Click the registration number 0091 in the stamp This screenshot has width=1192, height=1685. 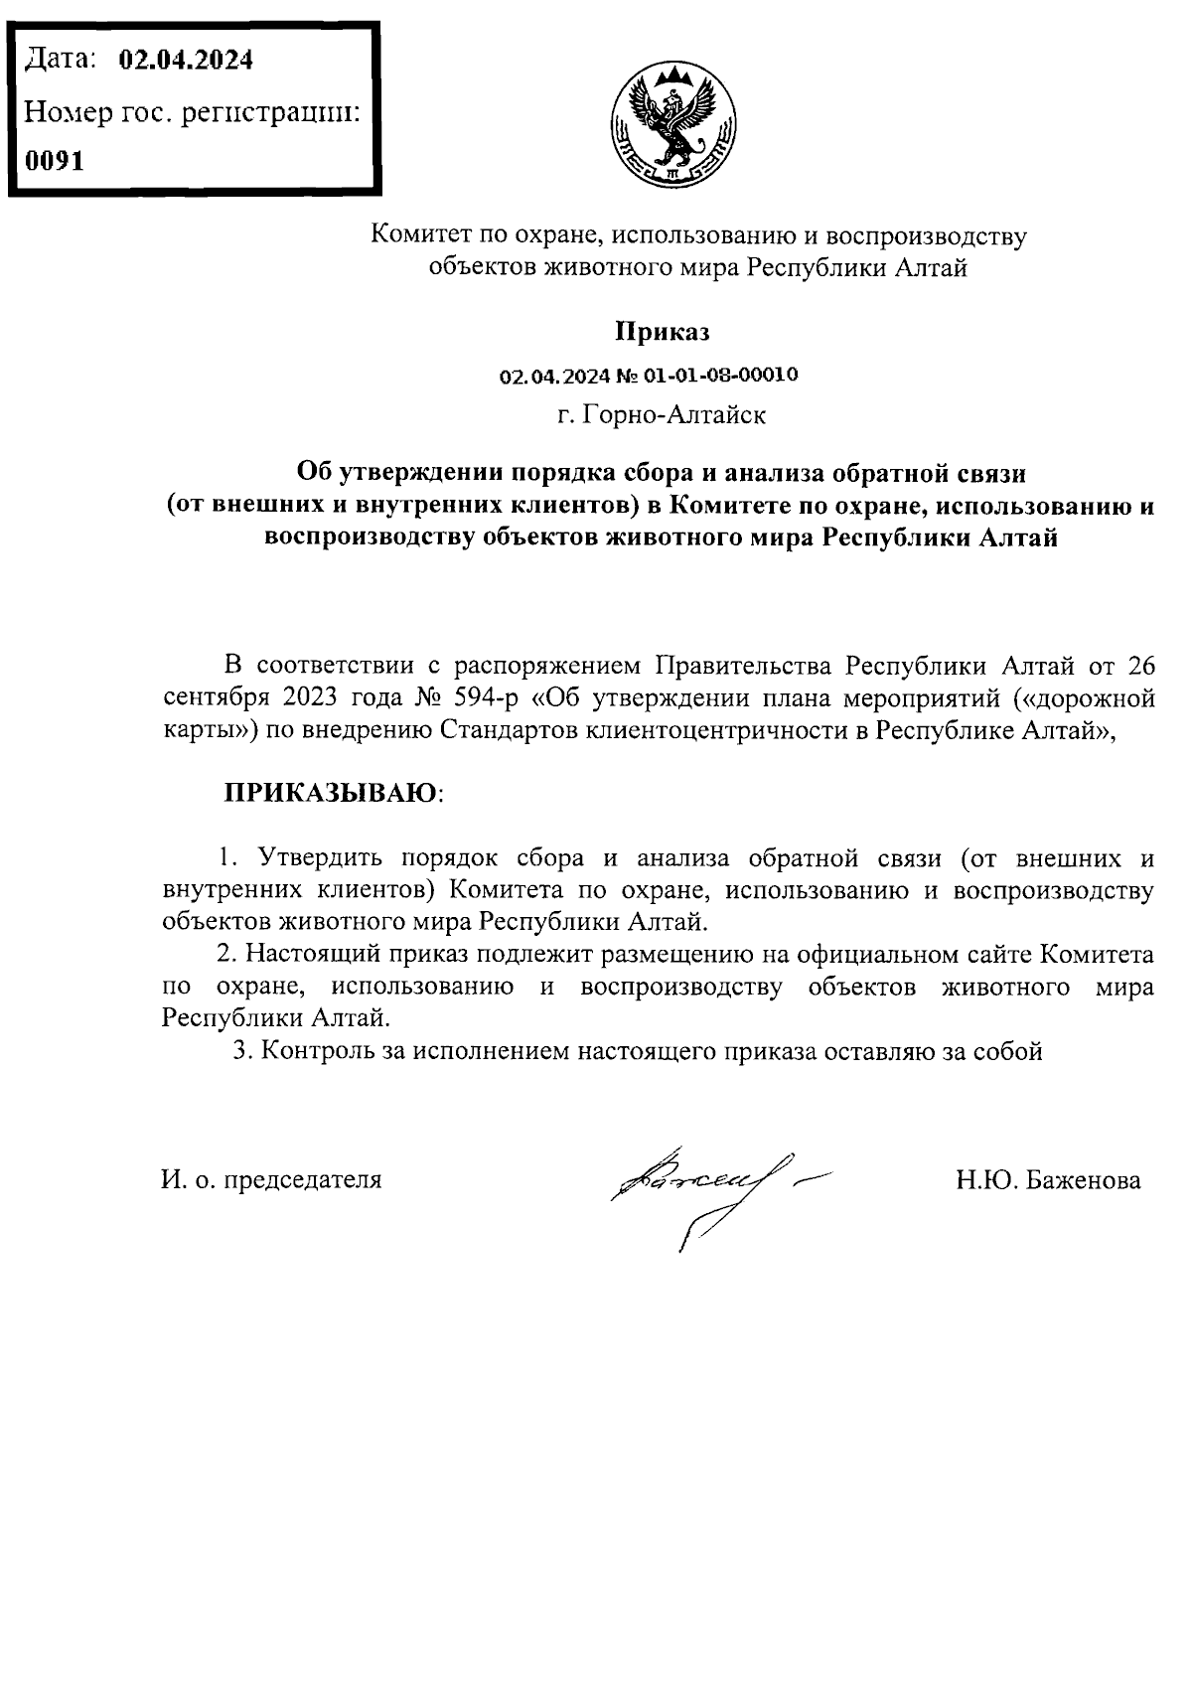coord(56,160)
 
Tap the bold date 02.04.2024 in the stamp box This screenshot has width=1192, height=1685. coord(186,61)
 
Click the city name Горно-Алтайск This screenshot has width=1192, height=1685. coord(675,414)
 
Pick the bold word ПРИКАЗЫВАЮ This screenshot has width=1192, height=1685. coord(331,793)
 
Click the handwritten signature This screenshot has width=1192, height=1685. coord(705,1187)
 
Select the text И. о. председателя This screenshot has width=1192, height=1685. coord(271,1180)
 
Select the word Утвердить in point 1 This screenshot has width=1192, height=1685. coord(313,857)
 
